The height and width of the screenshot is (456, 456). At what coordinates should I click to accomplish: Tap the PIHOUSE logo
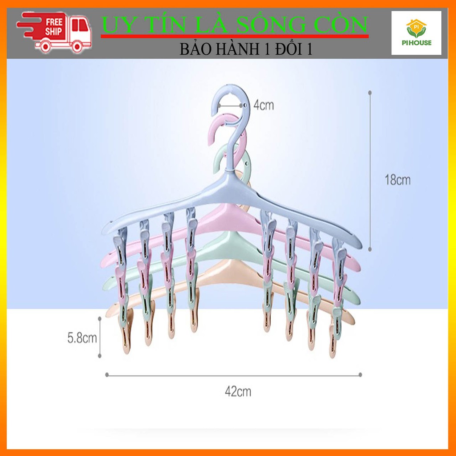416,33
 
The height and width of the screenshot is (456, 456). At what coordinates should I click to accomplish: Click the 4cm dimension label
264,106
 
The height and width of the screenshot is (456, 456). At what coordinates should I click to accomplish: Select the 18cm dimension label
398,180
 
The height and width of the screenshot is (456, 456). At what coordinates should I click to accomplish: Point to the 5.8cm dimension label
82,338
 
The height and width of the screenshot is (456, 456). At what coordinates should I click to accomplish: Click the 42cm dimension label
238,391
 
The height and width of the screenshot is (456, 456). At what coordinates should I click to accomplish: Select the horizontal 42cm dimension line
233,375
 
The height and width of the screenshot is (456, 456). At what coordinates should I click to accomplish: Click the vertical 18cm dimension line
370,169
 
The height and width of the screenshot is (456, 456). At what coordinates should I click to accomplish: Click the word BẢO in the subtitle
195,49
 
